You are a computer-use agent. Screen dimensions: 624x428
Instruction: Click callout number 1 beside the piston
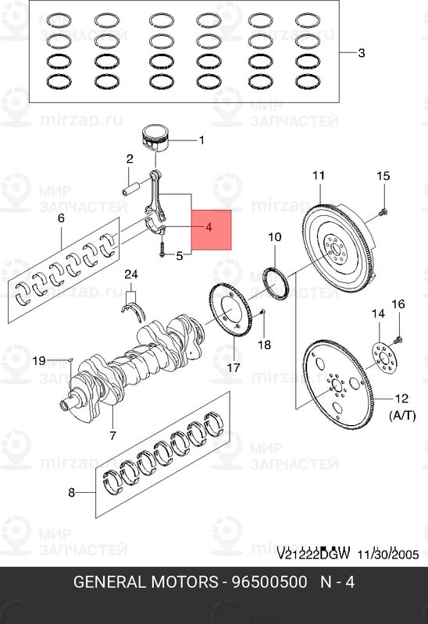click(x=201, y=141)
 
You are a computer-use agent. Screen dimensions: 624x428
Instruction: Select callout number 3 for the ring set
click(x=362, y=54)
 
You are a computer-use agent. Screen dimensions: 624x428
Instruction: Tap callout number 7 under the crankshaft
click(x=112, y=434)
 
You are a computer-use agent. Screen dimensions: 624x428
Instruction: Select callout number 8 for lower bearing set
click(x=71, y=492)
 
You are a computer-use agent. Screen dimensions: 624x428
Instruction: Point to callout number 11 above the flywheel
click(x=319, y=175)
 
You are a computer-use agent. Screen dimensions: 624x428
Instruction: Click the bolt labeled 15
click(x=382, y=211)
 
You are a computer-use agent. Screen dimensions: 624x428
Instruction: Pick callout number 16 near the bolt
click(x=398, y=304)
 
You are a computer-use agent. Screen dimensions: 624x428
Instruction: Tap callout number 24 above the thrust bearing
click(x=130, y=274)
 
